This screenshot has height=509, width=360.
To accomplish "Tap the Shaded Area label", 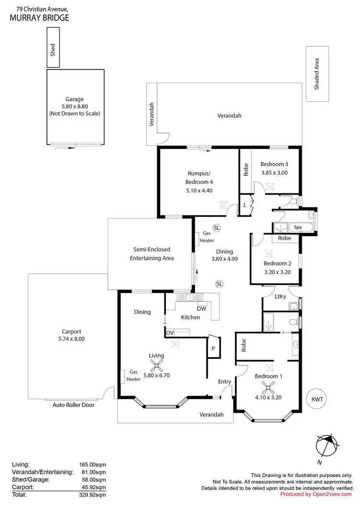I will click(x=316, y=74).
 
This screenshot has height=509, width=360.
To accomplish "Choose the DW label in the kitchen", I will click(x=202, y=309).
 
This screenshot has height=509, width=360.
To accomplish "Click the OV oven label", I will click(x=169, y=332).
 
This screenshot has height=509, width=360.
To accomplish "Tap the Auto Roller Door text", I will click(x=73, y=405).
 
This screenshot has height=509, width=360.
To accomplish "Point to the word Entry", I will click(x=225, y=382).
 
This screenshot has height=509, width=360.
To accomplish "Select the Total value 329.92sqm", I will click(x=92, y=494).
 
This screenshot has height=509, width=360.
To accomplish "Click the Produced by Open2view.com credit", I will click(x=316, y=494).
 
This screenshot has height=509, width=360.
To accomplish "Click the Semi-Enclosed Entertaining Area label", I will click(x=151, y=254).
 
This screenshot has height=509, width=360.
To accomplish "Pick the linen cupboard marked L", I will click(x=245, y=205).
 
